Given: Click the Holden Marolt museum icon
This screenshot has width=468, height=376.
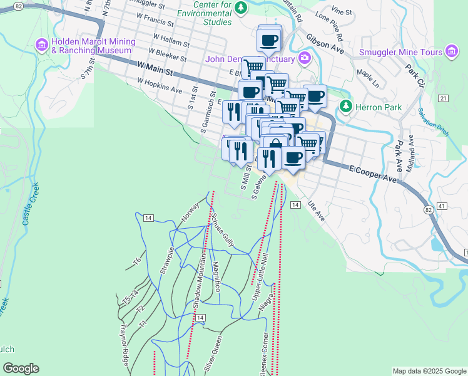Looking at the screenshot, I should coord(42,44).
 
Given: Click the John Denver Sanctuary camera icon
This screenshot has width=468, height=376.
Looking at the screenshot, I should coord(305,59).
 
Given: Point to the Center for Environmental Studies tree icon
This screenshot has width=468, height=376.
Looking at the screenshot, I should coord(240,8).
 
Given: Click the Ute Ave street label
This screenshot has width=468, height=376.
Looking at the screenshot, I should coord(316,211).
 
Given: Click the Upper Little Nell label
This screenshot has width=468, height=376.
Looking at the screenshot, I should coord(262,276).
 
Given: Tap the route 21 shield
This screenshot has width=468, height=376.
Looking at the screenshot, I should coord(443,98).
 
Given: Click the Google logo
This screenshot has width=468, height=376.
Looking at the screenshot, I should coord(21,368).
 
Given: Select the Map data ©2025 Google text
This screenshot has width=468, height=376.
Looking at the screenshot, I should coord(428,371).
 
